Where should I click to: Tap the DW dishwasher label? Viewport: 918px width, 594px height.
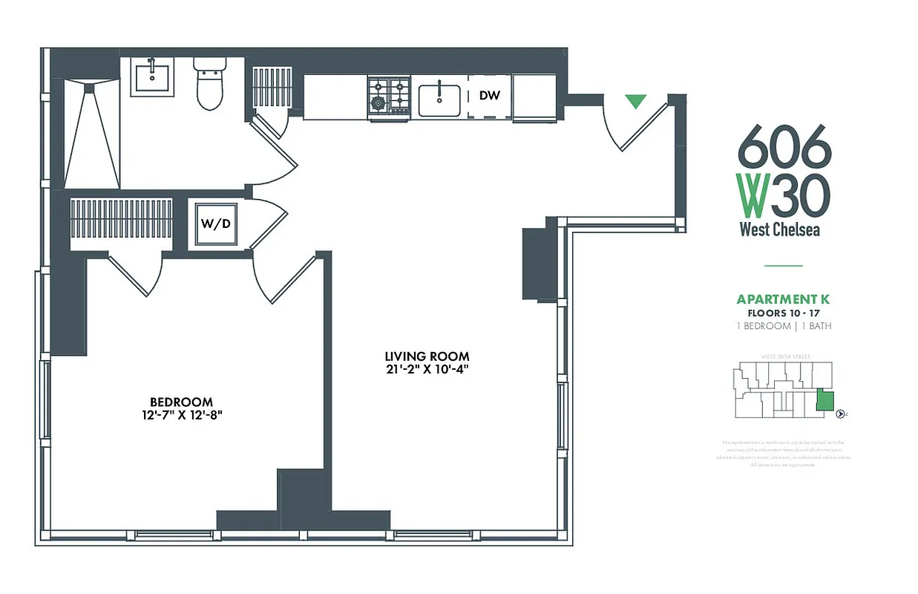click(488, 96)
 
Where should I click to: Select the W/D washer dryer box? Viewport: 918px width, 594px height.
click(212, 223)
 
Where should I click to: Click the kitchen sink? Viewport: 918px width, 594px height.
click(439, 100)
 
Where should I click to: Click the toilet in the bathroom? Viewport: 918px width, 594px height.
click(209, 83)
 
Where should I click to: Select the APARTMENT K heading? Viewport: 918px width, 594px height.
click(782, 300)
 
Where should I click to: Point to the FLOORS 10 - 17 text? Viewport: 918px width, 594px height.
click(783, 313)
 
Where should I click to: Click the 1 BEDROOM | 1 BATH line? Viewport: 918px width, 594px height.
click(783, 326)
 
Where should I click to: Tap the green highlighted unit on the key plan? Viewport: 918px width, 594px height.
click(824, 400)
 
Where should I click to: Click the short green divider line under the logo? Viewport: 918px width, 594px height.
click(783, 265)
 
